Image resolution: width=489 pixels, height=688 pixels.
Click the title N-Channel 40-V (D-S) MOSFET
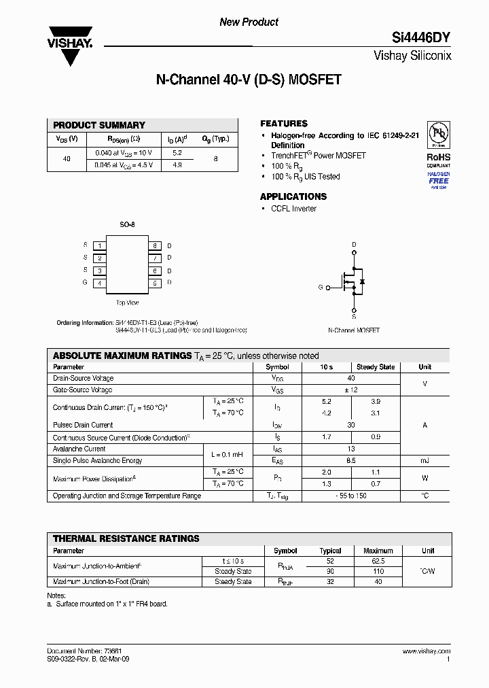point(249,80)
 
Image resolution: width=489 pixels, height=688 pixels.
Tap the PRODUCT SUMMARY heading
point(99,125)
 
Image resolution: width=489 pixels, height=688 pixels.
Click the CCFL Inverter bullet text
point(293,209)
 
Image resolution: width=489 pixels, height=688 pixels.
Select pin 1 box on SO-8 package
point(100,245)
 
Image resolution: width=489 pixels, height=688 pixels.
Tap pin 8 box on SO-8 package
point(155,245)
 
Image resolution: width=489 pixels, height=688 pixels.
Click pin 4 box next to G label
point(100,283)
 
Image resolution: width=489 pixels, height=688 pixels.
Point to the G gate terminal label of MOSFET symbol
point(320,288)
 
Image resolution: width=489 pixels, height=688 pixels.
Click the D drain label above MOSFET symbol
point(354,245)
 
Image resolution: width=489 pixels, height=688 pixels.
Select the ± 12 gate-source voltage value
point(351,390)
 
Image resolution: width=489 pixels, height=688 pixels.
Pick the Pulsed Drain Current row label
point(83,425)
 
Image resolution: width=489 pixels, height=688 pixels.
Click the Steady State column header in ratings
point(376,367)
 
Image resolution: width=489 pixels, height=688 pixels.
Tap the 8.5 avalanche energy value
point(351,461)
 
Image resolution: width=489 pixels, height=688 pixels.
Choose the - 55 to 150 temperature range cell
point(351,496)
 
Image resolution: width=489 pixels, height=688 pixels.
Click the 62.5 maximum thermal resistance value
point(378,562)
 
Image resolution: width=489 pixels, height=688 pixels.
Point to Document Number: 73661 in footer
point(84,651)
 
